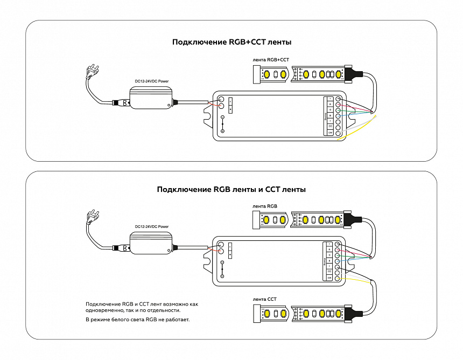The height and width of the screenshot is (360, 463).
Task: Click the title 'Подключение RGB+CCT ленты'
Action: pos(231,41)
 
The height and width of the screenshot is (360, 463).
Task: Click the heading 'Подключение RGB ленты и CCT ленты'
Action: pos(231,189)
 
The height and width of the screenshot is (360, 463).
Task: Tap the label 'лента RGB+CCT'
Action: pos(271,59)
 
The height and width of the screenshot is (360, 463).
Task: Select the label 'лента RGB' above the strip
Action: pos(265,206)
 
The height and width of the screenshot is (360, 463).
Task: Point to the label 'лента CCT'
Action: pos(264,299)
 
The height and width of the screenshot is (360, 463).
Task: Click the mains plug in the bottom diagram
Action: pos(93,218)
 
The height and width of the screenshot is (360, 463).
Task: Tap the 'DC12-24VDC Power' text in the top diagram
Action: pos(151,81)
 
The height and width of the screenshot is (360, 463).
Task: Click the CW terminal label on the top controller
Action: pos(330,132)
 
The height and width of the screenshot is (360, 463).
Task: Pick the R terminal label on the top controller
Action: pos(330,104)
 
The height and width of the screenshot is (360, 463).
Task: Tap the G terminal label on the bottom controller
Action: pos(329,255)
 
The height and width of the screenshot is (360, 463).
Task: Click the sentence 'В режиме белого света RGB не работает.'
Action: pos(138,320)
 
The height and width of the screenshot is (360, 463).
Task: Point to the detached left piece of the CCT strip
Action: pos(272,313)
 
